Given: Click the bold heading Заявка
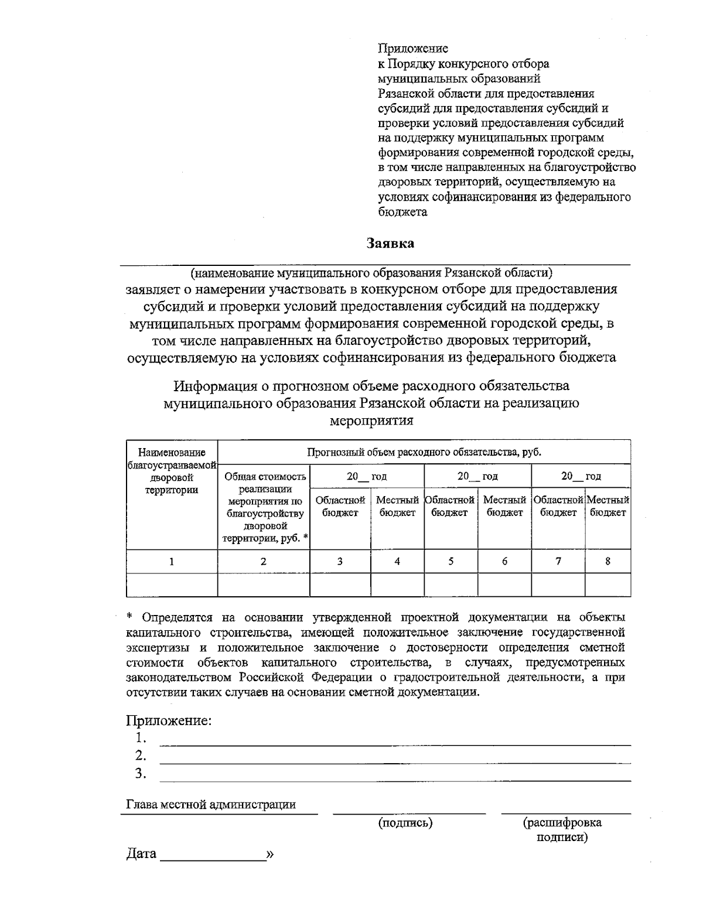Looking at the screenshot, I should pos(390,243).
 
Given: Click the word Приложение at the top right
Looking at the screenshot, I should pos(413,49).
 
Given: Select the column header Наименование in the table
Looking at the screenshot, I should pos(172,452).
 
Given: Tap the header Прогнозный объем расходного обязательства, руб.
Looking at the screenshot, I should pos(424,452).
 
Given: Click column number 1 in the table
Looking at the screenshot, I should pos(172,561).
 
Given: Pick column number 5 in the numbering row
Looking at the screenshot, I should pos(451,561).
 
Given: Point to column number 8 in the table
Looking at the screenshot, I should pos(608,561).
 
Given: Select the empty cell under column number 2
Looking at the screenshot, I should pos(264,585).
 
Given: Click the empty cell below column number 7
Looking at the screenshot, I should pos(558,585).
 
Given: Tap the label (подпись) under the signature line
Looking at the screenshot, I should pos(405,823).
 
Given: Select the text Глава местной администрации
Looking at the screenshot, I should pos(211,805).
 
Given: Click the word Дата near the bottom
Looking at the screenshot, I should pos(141,853).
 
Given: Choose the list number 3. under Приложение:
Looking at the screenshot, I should pos(140,774).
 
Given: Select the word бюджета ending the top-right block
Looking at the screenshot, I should pos(402,212).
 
